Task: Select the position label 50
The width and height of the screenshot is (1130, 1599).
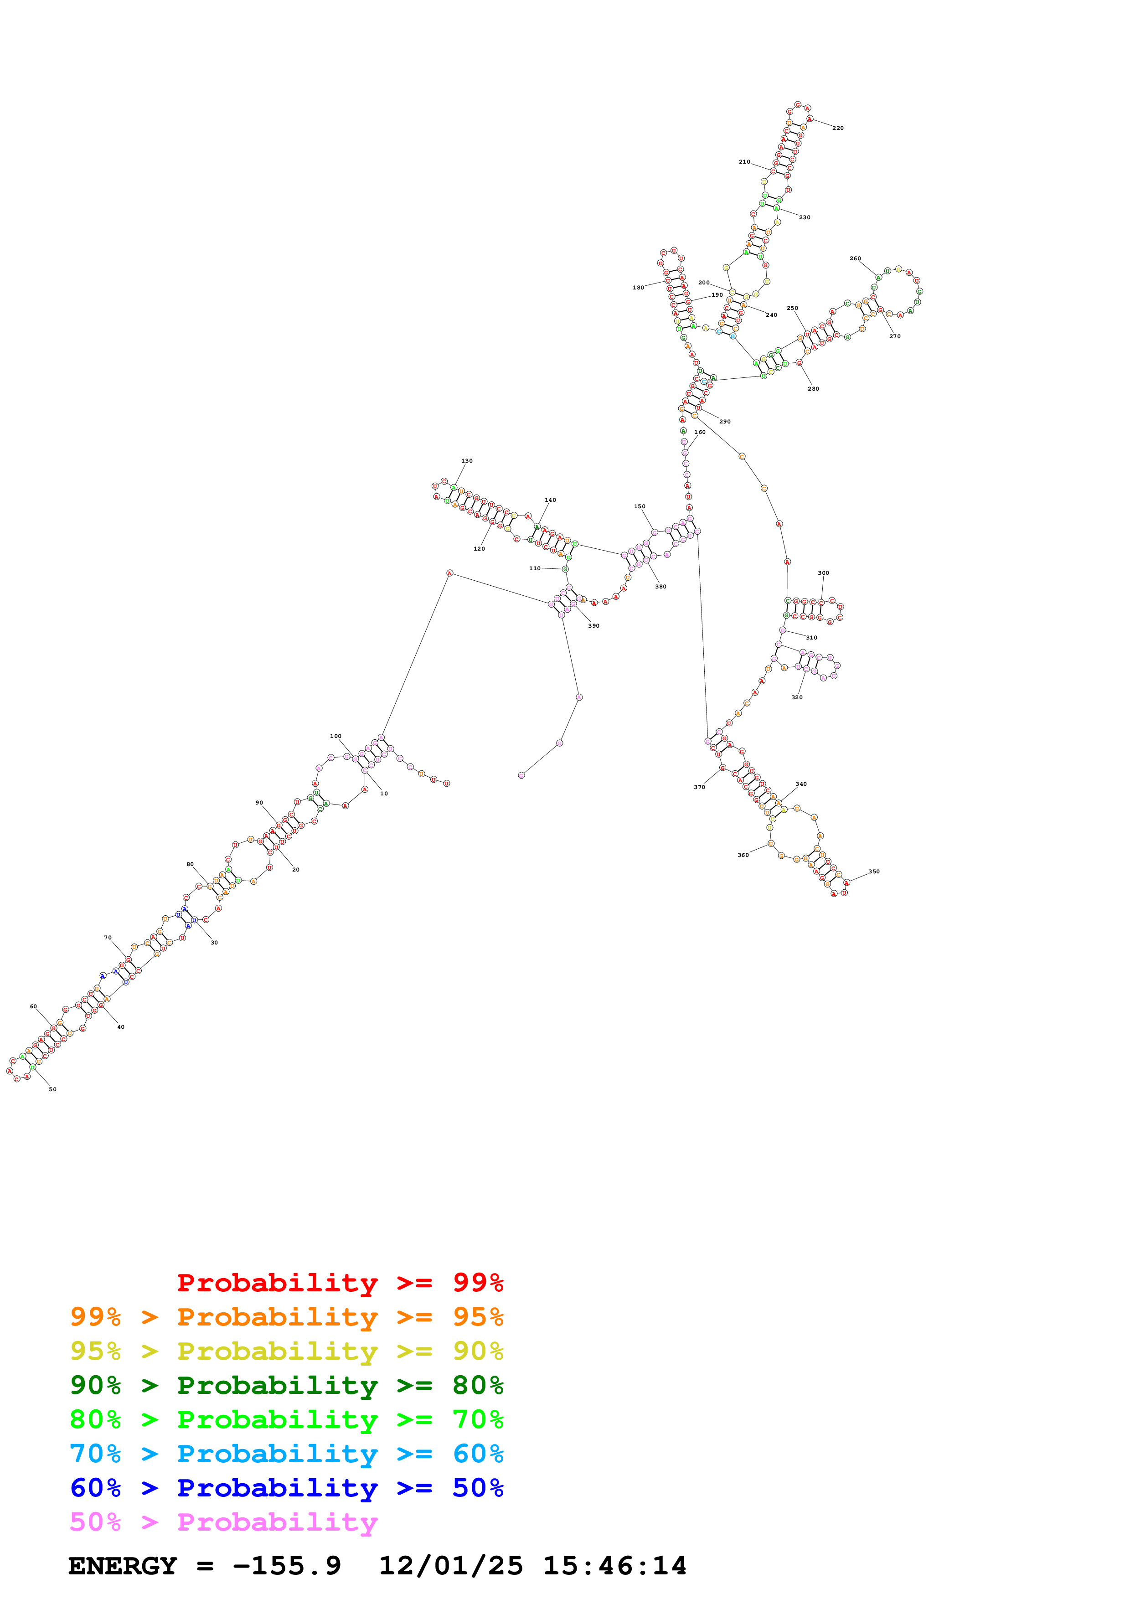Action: point(52,1089)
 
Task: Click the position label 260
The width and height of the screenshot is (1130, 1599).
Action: point(855,258)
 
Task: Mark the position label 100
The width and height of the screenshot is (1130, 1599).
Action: point(335,736)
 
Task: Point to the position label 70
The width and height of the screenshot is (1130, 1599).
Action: point(108,938)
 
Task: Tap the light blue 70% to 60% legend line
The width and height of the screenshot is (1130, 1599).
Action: point(286,1454)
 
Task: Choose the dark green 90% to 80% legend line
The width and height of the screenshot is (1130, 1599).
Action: point(286,1385)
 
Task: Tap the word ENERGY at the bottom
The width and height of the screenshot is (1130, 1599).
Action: point(123,1566)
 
